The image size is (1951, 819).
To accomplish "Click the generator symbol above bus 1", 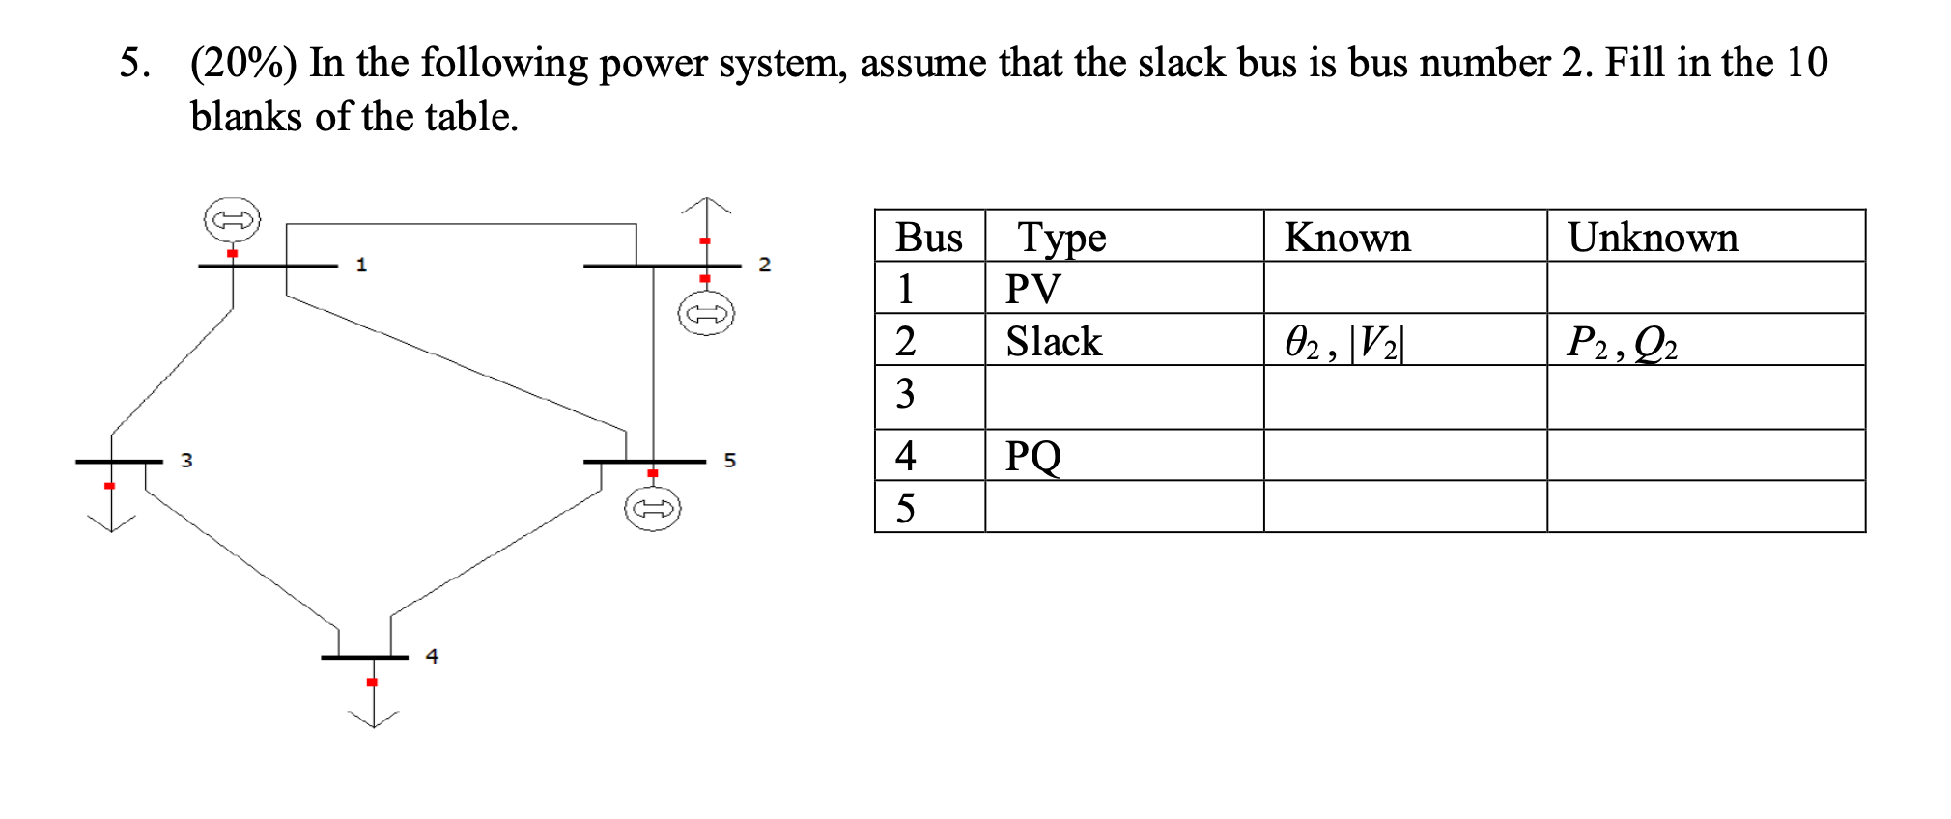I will (x=232, y=219).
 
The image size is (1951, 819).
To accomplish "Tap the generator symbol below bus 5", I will (x=652, y=508).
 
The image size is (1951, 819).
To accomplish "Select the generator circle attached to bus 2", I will (x=706, y=314).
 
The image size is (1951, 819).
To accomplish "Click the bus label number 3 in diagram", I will (x=186, y=460).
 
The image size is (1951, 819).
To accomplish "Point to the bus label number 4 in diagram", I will (x=432, y=656).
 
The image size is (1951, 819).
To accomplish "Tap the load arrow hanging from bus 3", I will (x=111, y=518).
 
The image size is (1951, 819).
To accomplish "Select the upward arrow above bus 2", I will (x=706, y=208).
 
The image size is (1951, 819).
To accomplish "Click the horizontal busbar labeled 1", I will (x=268, y=266).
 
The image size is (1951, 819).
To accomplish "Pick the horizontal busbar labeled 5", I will (x=644, y=462).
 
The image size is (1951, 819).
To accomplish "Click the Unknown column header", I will (x=1653, y=237).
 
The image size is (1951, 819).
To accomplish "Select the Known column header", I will (x=1347, y=237).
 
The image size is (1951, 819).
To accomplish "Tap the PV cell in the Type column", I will (x=1032, y=289).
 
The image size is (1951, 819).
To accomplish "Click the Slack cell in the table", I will (x=1053, y=341).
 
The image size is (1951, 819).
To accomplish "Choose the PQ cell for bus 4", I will (x=1032, y=456).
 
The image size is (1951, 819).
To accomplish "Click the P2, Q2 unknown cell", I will (x=1622, y=342).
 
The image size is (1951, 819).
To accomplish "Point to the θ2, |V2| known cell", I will (x=1343, y=342).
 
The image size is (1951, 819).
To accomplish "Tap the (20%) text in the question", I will (x=243, y=63).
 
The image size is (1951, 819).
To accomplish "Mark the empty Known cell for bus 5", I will (x=1404, y=507).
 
